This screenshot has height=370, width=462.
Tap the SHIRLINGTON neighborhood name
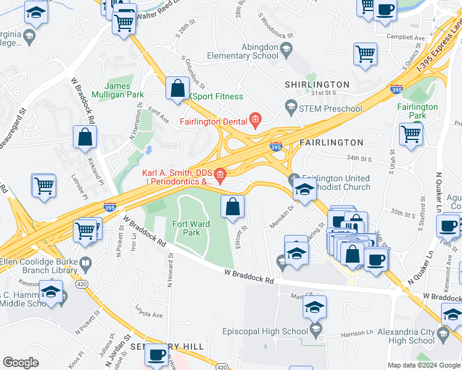(x=317, y=84)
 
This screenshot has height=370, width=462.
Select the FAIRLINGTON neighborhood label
(x=331, y=142)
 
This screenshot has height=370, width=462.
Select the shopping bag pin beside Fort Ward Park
(x=232, y=207)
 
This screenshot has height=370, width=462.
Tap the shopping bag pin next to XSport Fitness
(x=177, y=88)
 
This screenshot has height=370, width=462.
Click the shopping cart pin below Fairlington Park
(x=411, y=134)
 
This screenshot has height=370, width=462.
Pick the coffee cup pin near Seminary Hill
(x=157, y=356)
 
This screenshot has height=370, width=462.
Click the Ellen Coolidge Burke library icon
(x=86, y=266)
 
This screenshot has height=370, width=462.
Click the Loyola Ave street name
(x=149, y=314)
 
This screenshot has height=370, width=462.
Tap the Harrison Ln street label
(x=358, y=334)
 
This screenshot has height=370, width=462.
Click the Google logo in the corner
(x=20, y=363)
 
